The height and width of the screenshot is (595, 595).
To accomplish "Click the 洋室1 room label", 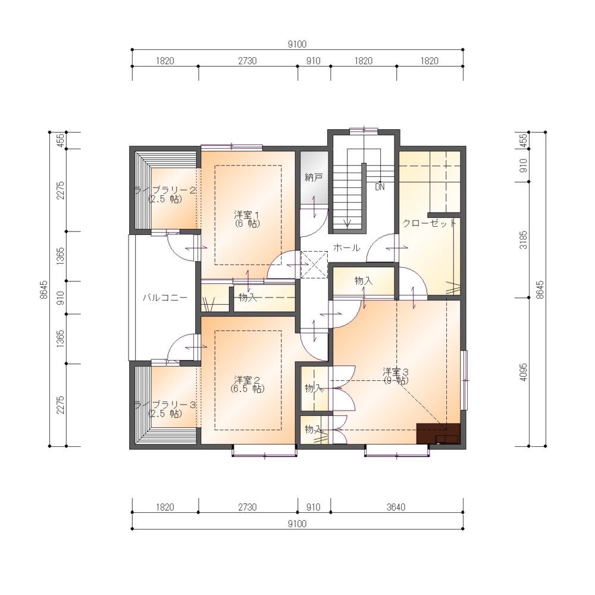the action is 247,219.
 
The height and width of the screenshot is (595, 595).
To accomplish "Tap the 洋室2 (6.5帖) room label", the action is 248,384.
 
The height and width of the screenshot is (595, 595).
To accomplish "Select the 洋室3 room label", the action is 396,375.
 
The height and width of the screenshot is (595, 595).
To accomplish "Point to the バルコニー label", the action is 165,297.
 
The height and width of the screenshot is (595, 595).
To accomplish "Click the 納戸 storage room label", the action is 314,177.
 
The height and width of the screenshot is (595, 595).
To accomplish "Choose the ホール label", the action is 346,248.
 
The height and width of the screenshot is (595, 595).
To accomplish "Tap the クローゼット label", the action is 429,223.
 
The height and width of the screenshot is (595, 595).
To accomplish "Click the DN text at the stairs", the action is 380,187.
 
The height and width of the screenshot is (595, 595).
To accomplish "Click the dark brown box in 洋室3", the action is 439,433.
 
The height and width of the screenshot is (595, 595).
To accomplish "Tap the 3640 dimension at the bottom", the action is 396,507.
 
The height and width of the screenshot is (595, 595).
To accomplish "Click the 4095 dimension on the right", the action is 523,372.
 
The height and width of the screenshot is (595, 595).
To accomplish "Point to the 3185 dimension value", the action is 523,240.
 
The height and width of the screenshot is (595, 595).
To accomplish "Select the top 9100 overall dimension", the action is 297,45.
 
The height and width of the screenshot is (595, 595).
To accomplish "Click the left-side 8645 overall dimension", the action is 44,290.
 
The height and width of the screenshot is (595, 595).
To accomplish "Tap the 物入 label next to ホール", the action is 364,281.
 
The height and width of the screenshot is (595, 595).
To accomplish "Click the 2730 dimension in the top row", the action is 248,61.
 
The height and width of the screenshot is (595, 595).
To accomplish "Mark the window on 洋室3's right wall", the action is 465,380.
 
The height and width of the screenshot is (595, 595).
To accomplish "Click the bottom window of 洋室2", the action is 264,452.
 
